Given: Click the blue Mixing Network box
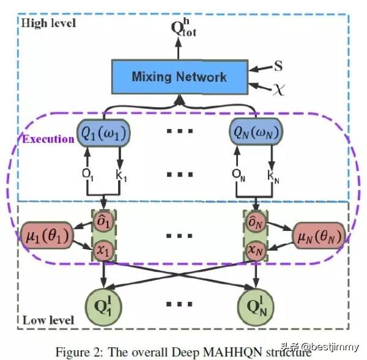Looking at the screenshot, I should [179, 77].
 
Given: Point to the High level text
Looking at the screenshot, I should [48, 23].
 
